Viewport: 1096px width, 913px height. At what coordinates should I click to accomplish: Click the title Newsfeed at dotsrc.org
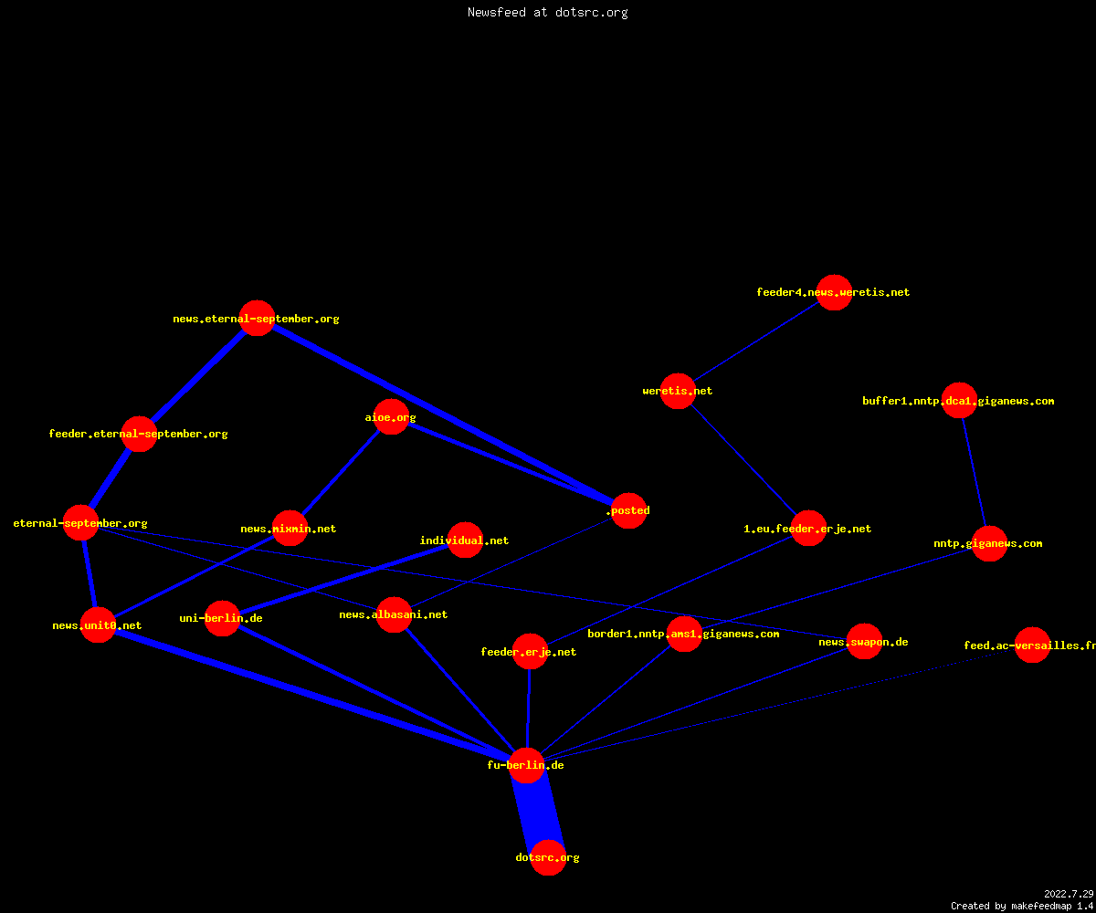pyautogui.click(x=547, y=13)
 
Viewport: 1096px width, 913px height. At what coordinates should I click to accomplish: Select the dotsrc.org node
pyautogui.click(x=548, y=857)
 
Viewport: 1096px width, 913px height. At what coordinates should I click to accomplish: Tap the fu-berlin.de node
pyautogui.click(x=526, y=766)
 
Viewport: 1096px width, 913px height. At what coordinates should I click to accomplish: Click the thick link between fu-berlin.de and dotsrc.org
pyautogui.click(x=538, y=812)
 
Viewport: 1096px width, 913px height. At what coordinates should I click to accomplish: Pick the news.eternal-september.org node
pyautogui.click(x=257, y=318)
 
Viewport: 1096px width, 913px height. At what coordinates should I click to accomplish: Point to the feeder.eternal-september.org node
pyautogui.click(x=139, y=434)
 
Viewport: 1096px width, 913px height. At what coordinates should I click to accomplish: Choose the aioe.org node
pyautogui.click(x=391, y=416)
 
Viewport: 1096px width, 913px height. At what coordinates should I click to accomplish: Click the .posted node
pyautogui.click(x=629, y=510)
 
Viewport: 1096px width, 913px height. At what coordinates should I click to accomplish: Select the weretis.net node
pyautogui.click(x=678, y=391)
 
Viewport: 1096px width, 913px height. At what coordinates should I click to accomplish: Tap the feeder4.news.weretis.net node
pyautogui.click(x=834, y=292)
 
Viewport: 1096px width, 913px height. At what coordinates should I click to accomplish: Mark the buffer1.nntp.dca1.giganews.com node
pyautogui.click(x=959, y=401)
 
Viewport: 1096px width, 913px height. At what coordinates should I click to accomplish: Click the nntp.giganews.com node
pyautogui.click(x=989, y=543)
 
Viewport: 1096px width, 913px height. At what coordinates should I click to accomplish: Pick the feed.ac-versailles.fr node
pyautogui.click(x=1032, y=645)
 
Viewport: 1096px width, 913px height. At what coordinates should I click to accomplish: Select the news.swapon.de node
pyautogui.click(x=864, y=641)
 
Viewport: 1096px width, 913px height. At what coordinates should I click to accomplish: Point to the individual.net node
pyautogui.click(x=465, y=540)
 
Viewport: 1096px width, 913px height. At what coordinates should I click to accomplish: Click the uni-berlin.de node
pyautogui.click(x=222, y=618)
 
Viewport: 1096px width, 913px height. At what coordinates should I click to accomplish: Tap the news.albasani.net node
pyautogui.click(x=394, y=614)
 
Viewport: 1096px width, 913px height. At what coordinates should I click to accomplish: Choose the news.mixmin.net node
pyautogui.click(x=290, y=528)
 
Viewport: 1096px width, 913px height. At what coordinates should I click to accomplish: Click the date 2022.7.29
pyautogui.click(x=1069, y=894)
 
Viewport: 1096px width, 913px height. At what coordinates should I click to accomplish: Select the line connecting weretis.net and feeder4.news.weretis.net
pyautogui.click(x=756, y=341)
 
